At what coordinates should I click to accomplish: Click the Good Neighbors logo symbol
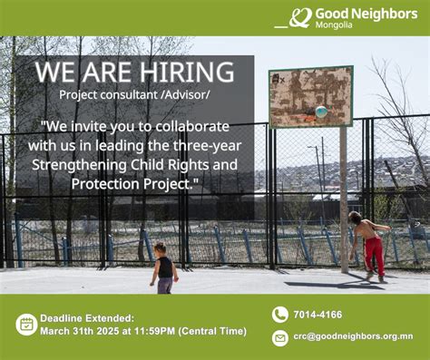pyautogui.click(x=300, y=17)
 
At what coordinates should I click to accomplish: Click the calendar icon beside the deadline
pyautogui.click(x=26, y=324)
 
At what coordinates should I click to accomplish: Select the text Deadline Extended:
pyautogui.click(x=87, y=318)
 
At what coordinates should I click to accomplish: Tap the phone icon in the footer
pyautogui.click(x=279, y=315)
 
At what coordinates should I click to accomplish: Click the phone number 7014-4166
pyautogui.click(x=318, y=315)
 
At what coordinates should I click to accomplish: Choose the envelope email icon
pyautogui.click(x=279, y=337)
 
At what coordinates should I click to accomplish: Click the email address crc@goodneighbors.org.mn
pyautogui.click(x=353, y=336)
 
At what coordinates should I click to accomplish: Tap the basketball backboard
pyautogui.click(x=310, y=97)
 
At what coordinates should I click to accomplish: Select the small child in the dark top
pyautogui.click(x=163, y=267)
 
